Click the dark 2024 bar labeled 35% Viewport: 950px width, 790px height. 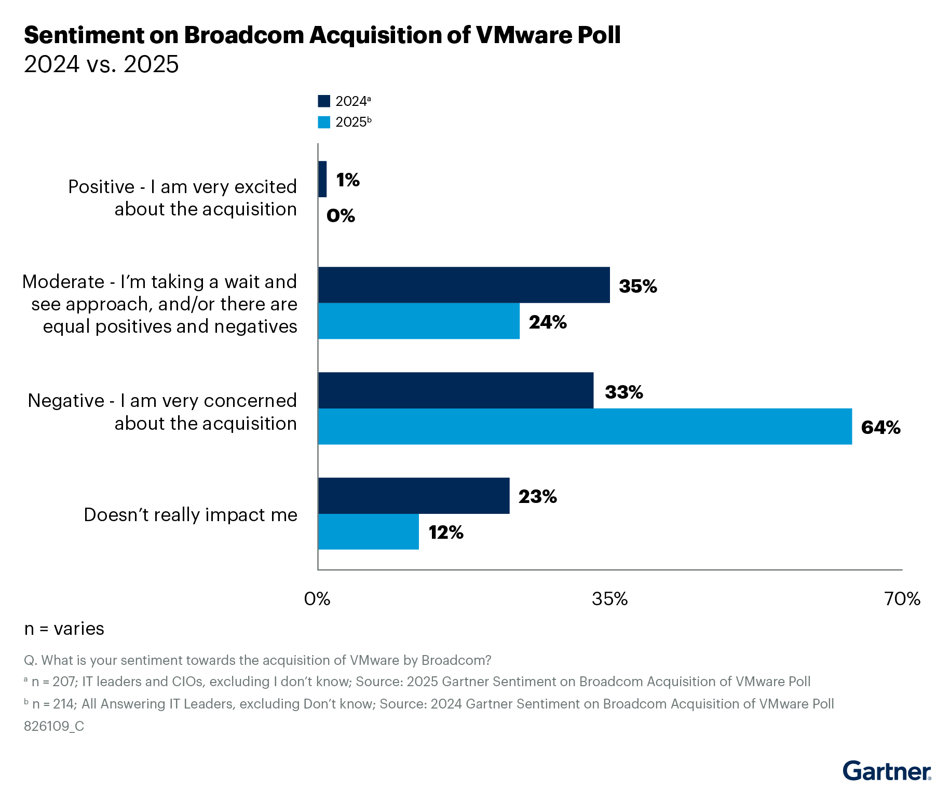(x=464, y=285)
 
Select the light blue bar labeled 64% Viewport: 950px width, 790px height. (x=585, y=426)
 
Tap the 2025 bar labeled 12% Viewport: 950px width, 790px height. (x=368, y=532)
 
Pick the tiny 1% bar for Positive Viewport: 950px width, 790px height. (x=322, y=179)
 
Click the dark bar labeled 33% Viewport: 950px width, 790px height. (x=455, y=390)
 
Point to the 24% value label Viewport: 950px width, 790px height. (x=548, y=322)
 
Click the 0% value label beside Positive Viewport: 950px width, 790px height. (x=341, y=215)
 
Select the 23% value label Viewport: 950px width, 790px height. (x=537, y=497)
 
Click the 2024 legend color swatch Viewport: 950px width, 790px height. (x=324, y=101)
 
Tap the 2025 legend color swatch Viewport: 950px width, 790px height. (x=324, y=122)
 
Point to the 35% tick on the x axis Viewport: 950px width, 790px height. (x=609, y=599)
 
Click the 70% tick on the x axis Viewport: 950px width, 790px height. (x=902, y=599)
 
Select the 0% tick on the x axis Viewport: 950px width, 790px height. (x=317, y=599)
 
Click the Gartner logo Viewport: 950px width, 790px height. (x=886, y=771)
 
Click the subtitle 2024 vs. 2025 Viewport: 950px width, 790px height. (x=101, y=64)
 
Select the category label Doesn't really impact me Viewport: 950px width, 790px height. (x=191, y=514)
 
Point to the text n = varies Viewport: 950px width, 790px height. (x=64, y=629)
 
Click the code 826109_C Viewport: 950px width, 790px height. (x=54, y=726)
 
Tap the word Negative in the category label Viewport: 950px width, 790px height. (x=66, y=401)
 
